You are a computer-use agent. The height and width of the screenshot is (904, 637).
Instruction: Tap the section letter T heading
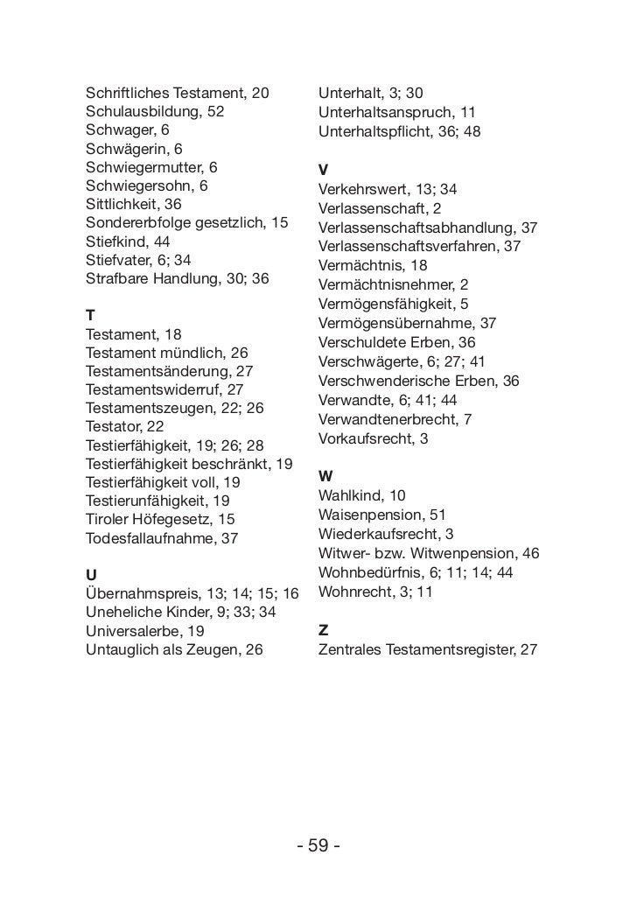[x=90, y=313]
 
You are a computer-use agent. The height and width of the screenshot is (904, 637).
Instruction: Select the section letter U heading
[x=90, y=575]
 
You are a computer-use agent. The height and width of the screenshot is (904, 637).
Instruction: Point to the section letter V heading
[x=324, y=170]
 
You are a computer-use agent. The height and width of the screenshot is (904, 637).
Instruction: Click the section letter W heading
[x=325, y=476]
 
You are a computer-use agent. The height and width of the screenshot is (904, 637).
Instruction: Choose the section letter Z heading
[x=323, y=630]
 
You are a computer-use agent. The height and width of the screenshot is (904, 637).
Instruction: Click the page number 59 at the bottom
[x=318, y=846]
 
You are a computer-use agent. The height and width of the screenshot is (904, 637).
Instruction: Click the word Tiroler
[x=108, y=520]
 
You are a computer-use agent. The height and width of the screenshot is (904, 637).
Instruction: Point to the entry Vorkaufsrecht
[x=361, y=438]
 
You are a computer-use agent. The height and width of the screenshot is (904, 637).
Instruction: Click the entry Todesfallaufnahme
[x=150, y=539]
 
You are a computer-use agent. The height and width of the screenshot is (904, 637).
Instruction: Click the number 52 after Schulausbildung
[x=215, y=112]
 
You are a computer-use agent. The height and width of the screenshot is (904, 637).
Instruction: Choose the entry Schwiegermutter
[x=140, y=167]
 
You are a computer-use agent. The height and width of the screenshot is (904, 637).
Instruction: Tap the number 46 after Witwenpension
[x=530, y=553]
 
